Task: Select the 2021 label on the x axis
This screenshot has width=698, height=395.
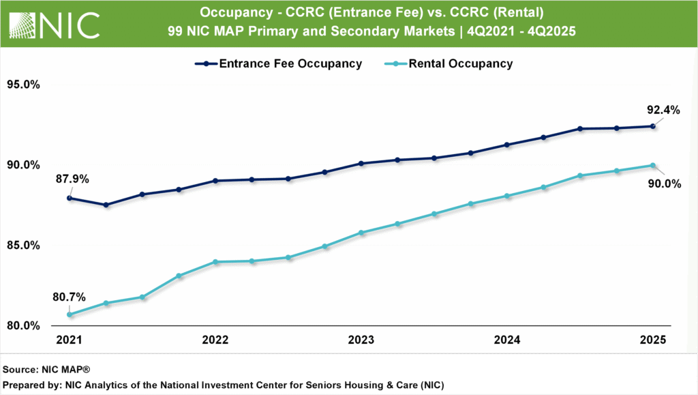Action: [x=70, y=340]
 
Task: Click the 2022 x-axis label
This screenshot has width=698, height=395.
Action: [x=215, y=340]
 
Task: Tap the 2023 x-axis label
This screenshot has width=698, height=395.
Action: [x=361, y=340]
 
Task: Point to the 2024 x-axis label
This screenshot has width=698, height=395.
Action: [x=507, y=340]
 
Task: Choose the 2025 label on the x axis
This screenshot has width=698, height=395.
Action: [x=653, y=340]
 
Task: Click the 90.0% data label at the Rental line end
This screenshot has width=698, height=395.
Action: [x=664, y=183]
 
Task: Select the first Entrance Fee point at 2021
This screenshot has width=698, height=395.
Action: [x=70, y=198]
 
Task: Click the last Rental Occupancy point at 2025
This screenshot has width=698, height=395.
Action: [x=653, y=165]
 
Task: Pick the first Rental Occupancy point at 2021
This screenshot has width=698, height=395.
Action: [x=70, y=314]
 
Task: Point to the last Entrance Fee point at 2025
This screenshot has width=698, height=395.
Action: [x=653, y=126]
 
